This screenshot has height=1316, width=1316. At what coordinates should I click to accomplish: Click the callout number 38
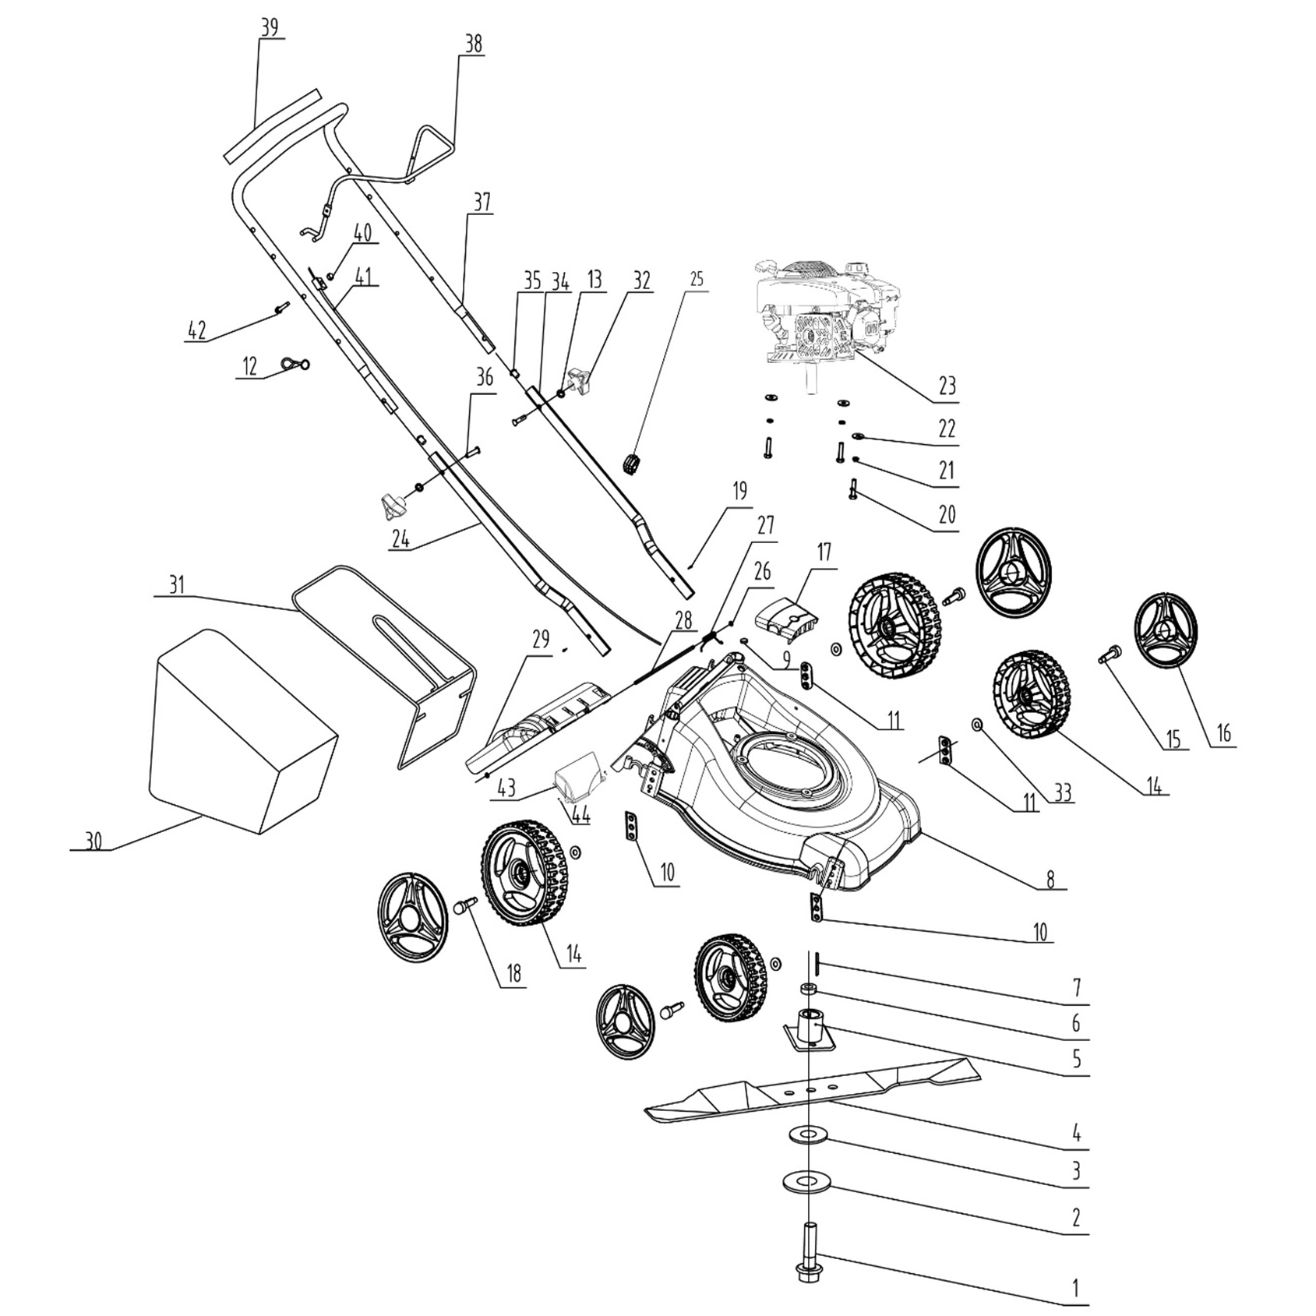(x=473, y=45)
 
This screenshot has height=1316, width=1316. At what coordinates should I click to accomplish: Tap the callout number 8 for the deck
(x=1050, y=880)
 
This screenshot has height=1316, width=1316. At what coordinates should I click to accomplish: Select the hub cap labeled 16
(x=1166, y=632)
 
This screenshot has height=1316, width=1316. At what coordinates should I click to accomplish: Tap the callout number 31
(x=177, y=584)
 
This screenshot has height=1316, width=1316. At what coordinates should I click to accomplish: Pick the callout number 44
(x=580, y=816)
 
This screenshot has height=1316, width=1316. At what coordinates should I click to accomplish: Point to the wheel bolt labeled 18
(x=464, y=906)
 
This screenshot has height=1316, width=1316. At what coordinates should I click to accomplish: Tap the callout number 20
(x=947, y=514)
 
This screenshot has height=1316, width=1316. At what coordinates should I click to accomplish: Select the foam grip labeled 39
(x=273, y=125)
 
